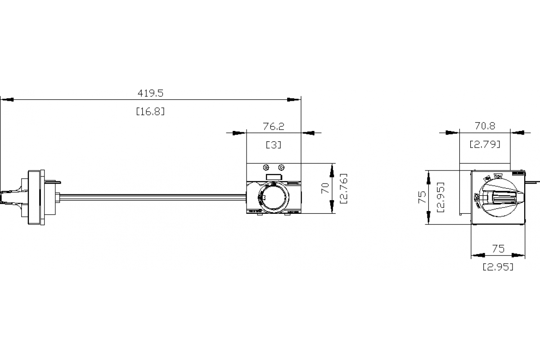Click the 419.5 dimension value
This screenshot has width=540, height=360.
150,93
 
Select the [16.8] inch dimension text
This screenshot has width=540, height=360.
150,111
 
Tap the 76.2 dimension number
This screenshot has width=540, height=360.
274,126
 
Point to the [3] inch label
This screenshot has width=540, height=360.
274,145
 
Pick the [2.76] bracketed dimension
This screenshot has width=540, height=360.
344,188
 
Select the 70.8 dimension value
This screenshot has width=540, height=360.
485,126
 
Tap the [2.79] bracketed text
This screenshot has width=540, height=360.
485,144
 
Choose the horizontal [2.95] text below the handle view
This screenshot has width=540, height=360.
498,267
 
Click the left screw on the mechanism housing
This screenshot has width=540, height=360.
266,167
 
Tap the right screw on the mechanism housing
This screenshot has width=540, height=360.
281,167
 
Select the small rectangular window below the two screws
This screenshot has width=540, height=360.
274,177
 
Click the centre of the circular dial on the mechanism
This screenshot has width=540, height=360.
270,198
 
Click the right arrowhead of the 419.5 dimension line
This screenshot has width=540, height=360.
295,99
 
